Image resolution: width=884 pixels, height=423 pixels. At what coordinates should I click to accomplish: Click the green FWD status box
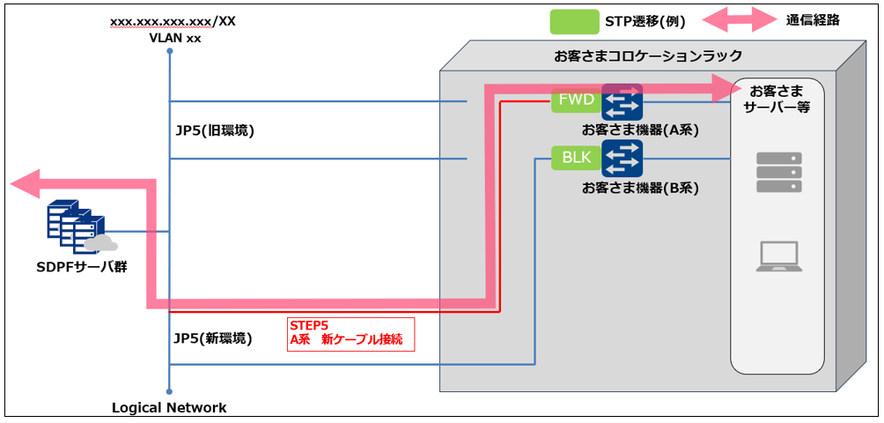coord(578,100)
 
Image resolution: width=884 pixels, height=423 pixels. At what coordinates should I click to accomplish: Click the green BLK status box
coord(578,159)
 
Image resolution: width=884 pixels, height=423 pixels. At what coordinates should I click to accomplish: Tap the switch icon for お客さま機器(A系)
coord(622,102)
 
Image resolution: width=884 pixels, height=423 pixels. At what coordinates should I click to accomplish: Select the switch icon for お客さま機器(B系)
coord(622,158)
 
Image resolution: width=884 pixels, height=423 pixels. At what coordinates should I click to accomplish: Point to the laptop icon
coord(778,256)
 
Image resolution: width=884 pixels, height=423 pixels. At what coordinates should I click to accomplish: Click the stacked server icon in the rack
coord(778,172)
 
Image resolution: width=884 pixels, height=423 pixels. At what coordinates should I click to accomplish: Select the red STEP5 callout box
coord(350,334)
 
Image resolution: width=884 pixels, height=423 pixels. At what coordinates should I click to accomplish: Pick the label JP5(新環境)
coord(213,338)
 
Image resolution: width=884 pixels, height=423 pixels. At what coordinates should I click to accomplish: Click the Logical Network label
coord(169,408)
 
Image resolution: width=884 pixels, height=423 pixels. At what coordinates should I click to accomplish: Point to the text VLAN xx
coord(169,37)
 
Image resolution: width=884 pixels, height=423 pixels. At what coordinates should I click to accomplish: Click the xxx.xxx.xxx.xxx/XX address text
coord(173,21)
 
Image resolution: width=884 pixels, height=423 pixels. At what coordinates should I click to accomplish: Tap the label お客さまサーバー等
coord(777,98)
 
